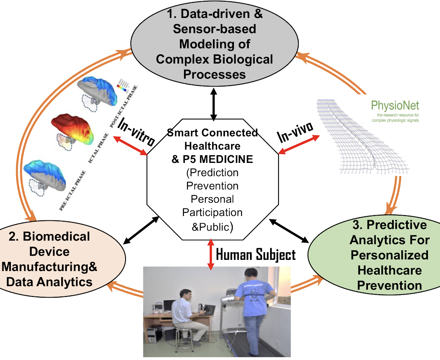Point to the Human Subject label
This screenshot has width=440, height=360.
point(256,254)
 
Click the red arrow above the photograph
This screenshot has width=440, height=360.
point(210,254)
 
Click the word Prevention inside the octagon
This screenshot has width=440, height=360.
point(212,186)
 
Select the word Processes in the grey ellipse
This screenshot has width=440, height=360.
point(214,74)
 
